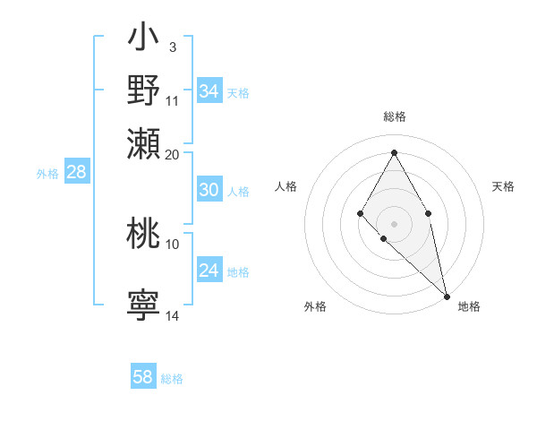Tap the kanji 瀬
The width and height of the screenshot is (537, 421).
coord(143,143)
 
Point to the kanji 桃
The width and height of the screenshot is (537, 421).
coord(143,234)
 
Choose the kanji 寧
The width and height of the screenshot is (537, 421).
coord(143,305)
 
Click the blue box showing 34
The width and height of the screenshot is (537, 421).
coord(209,91)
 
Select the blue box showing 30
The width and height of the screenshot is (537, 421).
coord(209,190)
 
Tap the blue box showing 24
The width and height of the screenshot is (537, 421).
coord(209,271)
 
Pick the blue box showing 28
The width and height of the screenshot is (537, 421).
coord(76,173)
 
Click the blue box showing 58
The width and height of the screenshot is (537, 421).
coord(143,377)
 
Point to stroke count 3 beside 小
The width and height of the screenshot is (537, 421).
coord(172,47)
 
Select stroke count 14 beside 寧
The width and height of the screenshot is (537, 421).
coord(173,315)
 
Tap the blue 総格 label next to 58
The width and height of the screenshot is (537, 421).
coord(172,379)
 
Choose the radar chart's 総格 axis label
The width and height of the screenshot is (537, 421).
coord(394,116)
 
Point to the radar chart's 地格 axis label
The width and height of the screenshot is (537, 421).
coord(469,306)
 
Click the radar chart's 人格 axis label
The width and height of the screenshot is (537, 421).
coord(286,186)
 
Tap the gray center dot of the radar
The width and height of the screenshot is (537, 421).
coord(394,223)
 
